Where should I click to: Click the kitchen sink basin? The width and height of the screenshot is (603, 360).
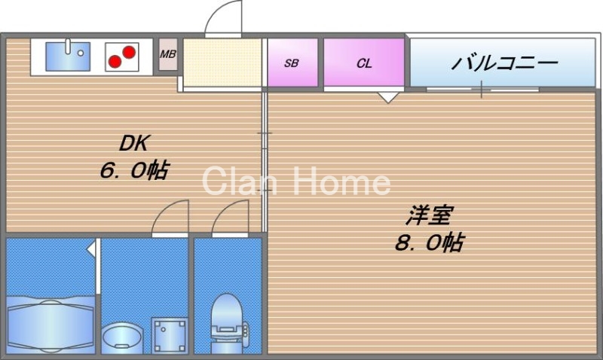point(68,56)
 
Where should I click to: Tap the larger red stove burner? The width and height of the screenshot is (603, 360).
point(129,52)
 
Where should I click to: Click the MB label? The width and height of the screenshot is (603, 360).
point(167,53)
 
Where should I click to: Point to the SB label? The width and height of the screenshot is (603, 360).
point(291,63)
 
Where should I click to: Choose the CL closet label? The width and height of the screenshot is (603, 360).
point(364,63)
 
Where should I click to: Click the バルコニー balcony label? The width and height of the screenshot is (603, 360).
point(504,61)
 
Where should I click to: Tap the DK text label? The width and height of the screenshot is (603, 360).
point(135,143)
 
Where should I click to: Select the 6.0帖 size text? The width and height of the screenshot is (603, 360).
point(133,171)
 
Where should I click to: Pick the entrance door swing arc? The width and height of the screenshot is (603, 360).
point(224,18)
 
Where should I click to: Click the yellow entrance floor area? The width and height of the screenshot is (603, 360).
point(222,63)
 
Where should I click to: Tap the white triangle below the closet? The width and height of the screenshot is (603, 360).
point(388,96)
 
